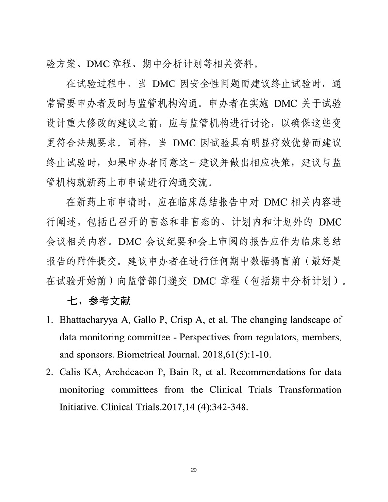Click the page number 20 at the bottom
click(x=194, y=470)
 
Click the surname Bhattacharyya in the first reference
click(x=86, y=320)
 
